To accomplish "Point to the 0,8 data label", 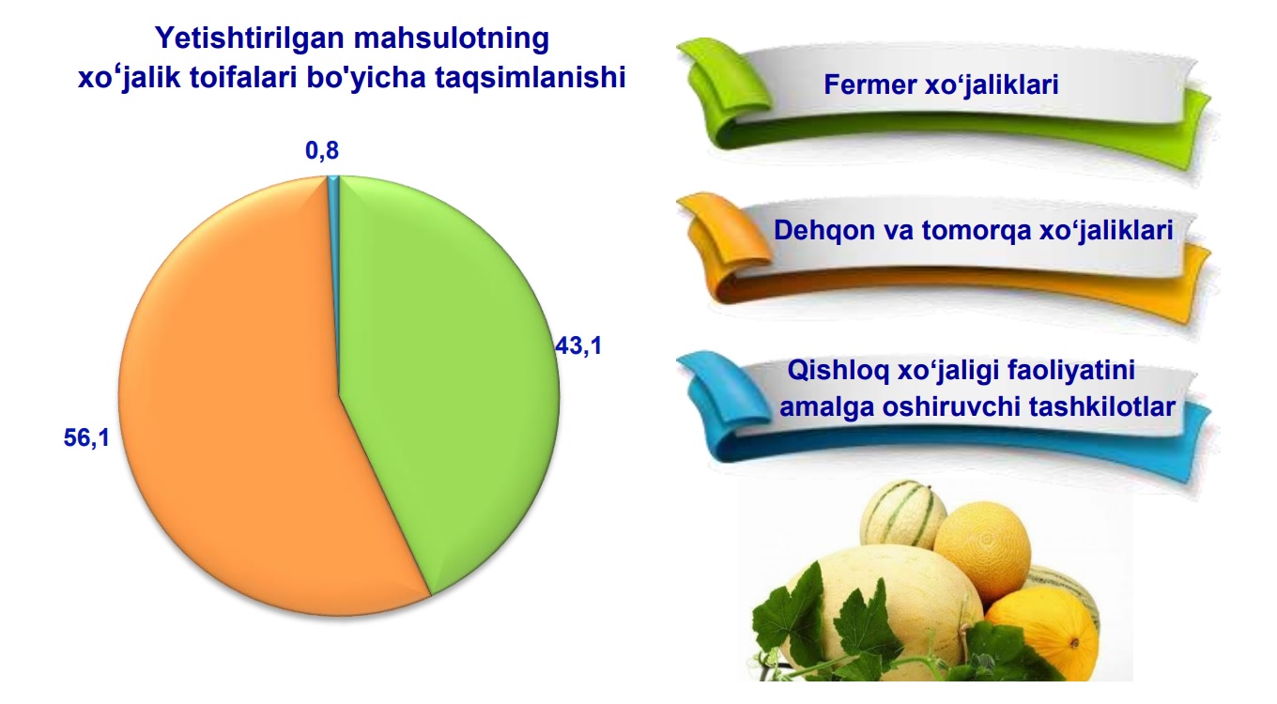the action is [322, 150].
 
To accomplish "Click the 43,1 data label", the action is [578, 345].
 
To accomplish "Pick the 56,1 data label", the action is [86, 437].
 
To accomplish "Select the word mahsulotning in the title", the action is [452, 38].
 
